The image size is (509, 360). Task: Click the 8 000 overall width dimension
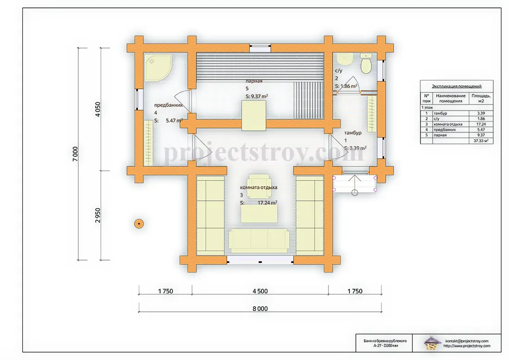click(260, 309)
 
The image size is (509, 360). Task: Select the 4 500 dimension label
click(260, 291)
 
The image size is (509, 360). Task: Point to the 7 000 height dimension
click(75, 154)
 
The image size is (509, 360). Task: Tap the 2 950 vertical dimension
click(98, 215)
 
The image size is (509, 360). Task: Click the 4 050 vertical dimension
click(98, 109)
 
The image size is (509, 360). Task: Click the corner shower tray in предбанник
click(158, 68)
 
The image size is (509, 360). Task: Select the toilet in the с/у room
click(366, 64)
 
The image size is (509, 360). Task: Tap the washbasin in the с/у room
click(345, 59)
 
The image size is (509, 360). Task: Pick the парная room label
click(254, 81)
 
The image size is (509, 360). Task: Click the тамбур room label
click(353, 133)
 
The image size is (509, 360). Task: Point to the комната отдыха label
click(259, 187)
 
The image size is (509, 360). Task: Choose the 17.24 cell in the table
click(481, 124)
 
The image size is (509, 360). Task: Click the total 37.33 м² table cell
click(481, 141)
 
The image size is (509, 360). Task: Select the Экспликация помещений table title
click(456, 86)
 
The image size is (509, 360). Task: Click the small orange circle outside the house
click(139, 223)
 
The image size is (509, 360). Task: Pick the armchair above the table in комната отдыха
click(259, 186)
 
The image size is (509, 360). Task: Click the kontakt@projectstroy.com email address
click(467, 341)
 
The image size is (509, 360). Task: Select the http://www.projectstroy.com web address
click(467, 346)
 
